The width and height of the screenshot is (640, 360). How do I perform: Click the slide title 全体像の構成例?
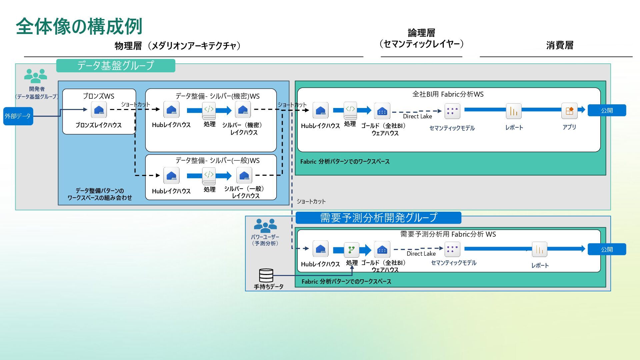pyautogui.click(x=79, y=26)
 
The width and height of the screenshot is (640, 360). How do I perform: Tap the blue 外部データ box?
pyautogui.click(x=18, y=116)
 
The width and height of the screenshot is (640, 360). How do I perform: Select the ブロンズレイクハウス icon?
pyautogui.click(x=99, y=110)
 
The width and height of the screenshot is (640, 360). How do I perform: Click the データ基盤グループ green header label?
pyautogui.click(x=115, y=65)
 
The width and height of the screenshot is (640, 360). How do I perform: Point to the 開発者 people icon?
pyautogui.click(x=35, y=76)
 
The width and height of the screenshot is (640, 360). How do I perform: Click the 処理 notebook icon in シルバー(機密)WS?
pyautogui.click(x=209, y=110)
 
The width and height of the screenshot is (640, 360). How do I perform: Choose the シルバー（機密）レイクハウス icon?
pyautogui.click(x=243, y=110)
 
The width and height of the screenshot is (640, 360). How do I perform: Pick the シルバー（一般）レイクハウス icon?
pyautogui.click(x=244, y=175)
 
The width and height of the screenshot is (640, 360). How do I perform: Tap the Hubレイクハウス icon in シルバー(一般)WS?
pyautogui.click(x=171, y=175)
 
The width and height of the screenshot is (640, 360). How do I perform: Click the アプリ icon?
pyautogui.click(x=569, y=111)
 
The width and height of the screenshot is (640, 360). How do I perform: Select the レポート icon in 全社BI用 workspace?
pyautogui.click(x=514, y=111)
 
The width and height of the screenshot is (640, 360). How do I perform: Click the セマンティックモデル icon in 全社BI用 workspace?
pyautogui.click(x=452, y=111)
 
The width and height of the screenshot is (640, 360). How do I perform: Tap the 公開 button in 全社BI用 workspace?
pyautogui.click(x=607, y=110)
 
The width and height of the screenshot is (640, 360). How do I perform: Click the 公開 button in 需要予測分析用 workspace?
pyautogui.click(x=607, y=249)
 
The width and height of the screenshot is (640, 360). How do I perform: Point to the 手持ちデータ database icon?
pyautogui.click(x=266, y=275)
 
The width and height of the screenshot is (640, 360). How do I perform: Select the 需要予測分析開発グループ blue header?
pyautogui.click(x=378, y=218)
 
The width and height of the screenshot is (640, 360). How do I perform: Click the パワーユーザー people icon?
pyautogui.click(x=265, y=226)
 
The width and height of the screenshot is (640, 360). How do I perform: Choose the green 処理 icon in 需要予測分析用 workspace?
pyautogui.click(x=351, y=249)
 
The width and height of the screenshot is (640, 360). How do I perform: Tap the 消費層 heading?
pyautogui.click(x=560, y=45)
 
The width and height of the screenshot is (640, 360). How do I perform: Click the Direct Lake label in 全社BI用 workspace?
pyautogui.click(x=417, y=116)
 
